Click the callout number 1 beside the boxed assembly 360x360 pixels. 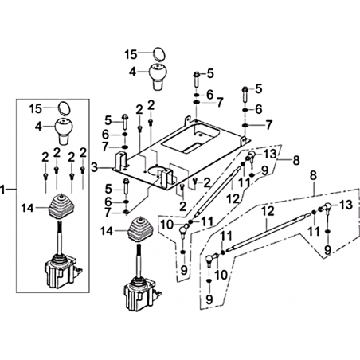3,190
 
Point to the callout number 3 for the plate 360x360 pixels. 94,168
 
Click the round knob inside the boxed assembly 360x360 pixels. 64,131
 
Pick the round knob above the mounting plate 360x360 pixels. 158,76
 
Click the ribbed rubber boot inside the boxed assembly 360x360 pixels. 61,206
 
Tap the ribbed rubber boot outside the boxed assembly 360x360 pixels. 140,229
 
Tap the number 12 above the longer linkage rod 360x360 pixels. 268,212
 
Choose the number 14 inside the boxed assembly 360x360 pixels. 28,208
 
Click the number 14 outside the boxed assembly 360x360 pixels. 107,232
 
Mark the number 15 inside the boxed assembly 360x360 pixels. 36,108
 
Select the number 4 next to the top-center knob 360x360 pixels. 133,72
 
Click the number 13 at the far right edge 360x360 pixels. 346,205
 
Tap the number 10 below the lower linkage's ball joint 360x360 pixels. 221,275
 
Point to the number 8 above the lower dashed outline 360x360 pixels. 314,176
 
